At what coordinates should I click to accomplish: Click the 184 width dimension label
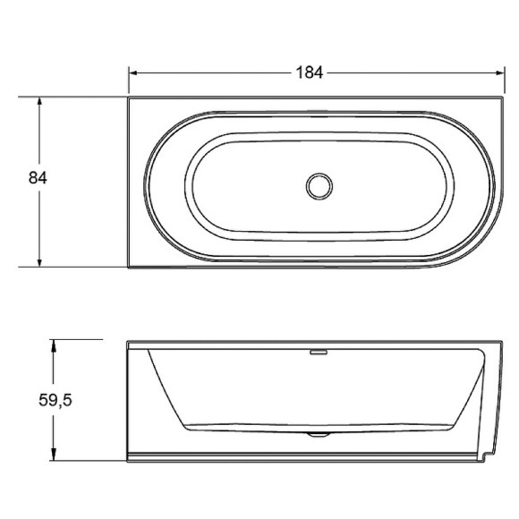(x=309, y=72)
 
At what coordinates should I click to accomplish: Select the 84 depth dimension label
(x=38, y=177)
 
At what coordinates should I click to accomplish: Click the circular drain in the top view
(x=319, y=186)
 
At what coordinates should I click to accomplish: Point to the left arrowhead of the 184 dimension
(x=133, y=72)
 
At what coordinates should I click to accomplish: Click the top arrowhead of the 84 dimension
(x=39, y=102)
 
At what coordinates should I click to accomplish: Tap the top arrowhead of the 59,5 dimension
(x=55, y=344)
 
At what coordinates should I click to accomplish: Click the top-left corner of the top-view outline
(x=128, y=98)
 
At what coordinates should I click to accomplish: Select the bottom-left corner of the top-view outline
(x=128, y=268)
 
